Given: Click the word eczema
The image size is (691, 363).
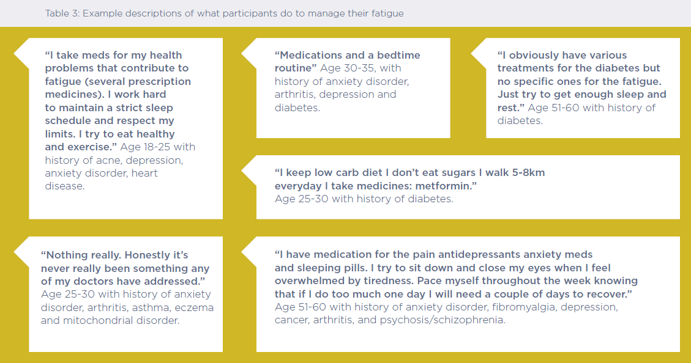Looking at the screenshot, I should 194,307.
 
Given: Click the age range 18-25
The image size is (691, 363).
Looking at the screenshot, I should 157,147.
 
